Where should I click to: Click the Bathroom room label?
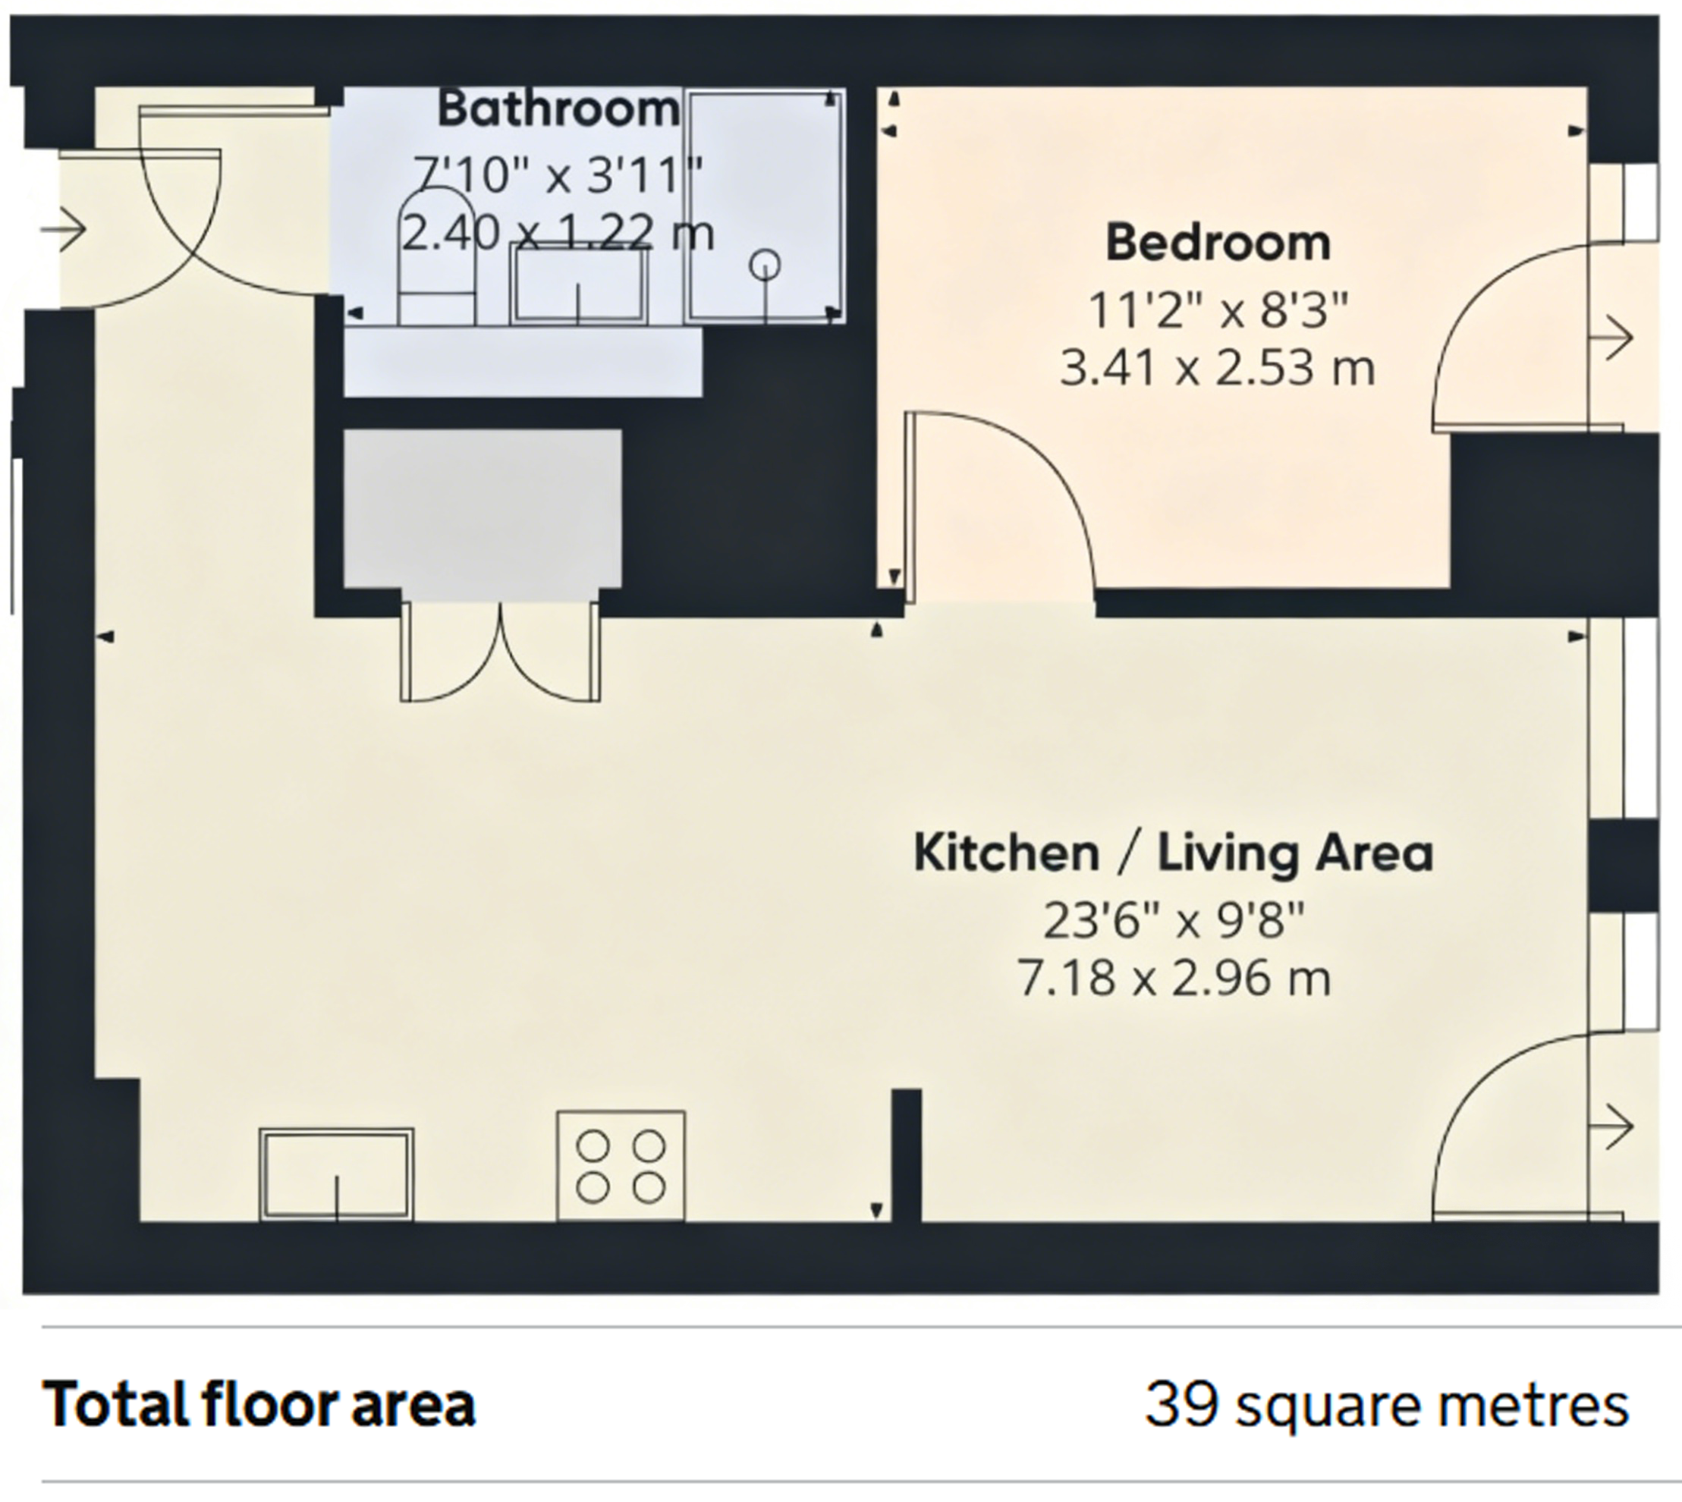click(x=558, y=110)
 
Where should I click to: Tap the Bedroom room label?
click(x=1218, y=243)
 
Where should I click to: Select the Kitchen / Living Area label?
click(x=1174, y=853)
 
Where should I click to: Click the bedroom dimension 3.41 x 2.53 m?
click(x=1218, y=368)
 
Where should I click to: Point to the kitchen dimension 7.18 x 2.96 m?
click(x=1174, y=979)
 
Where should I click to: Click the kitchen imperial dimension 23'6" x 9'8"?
click(x=1174, y=920)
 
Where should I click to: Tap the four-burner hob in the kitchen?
click(x=621, y=1166)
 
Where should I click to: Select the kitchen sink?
click(x=337, y=1174)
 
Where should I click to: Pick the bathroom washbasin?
click(x=579, y=284)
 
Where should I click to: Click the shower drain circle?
click(x=765, y=265)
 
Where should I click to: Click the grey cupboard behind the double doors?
click(x=482, y=509)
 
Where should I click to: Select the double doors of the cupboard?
click(x=500, y=652)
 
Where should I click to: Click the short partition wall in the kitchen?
click(x=906, y=1155)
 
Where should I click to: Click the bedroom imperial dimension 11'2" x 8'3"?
click(x=1218, y=310)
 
